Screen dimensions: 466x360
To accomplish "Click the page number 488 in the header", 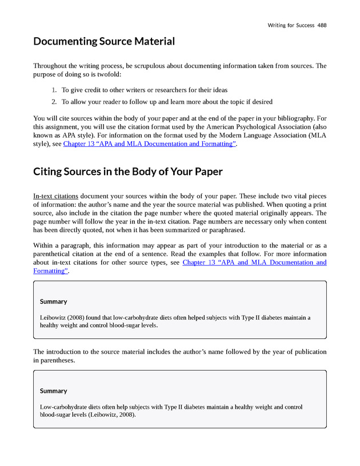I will coord(321,25).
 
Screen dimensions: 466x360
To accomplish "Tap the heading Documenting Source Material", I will coord(104,41).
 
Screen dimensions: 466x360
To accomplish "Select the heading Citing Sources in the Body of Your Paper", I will coord(128,172).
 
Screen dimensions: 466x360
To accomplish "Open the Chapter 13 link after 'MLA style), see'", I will coord(149,144).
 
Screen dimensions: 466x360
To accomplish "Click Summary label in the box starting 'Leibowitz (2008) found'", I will coord(53,301).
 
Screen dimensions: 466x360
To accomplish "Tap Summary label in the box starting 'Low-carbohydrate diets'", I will coord(53,391).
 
